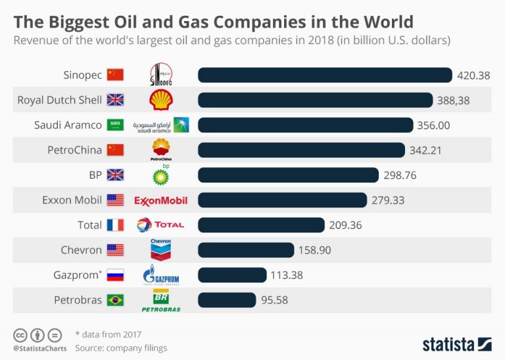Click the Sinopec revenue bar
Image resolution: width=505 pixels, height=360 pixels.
pyautogui.click(x=325, y=75)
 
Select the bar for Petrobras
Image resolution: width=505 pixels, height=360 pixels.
pyautogui.click(x=227, y=300)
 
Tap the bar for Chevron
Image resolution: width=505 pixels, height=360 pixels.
pyautogui.click(x=245, y=250)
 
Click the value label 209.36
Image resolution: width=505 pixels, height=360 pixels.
pyautogui.click(x=346, y=225)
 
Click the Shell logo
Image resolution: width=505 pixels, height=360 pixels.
pyautogui.click(x=161, y=100)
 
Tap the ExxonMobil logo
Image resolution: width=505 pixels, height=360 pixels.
pyautogui.click(x=161, y=200)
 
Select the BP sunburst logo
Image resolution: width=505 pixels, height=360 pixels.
pyautogui.click(x=161, y=175)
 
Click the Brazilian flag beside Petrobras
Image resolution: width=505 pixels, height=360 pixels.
pyautogui.click(x=115, y=300)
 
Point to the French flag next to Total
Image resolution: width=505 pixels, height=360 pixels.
pyautogui.click(x=115, y=225)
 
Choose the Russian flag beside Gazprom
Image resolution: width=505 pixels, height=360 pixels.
pyautogui.click(x=115, y=275)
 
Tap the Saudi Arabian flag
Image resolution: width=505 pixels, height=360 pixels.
pyautogui.click(x=115, y=125)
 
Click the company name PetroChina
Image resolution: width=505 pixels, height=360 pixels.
pyautogui.click(x=74, y=150)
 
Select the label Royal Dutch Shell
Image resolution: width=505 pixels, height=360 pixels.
pyautogui.click(x=60, y=100)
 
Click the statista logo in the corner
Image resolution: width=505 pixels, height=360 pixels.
pyautogui.click(x=457, y=344)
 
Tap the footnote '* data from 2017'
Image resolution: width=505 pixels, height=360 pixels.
pyautogui.click(x=108, y=334)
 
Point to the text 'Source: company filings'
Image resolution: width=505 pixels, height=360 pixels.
pyautogui.click(x=121, y=347)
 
